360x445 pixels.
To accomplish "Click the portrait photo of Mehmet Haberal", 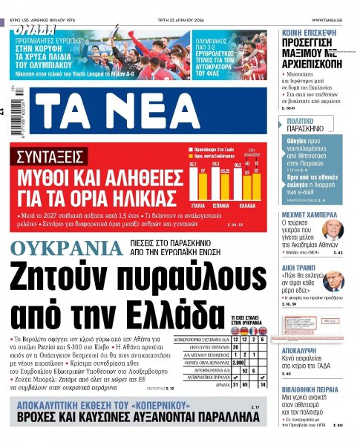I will (334, 228).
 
